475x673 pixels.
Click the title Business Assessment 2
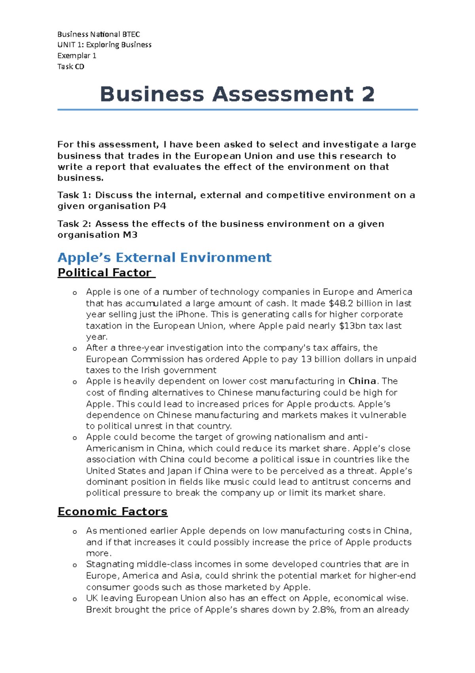237,94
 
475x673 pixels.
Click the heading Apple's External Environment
164,258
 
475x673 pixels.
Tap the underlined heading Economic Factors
112,512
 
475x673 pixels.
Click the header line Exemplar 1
77,55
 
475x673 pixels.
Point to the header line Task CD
70,67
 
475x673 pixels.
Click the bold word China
362,381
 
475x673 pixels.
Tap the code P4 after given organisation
159,206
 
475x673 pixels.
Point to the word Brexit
99,610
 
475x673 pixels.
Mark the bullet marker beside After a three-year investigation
74,349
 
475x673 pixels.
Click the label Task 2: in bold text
74,224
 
